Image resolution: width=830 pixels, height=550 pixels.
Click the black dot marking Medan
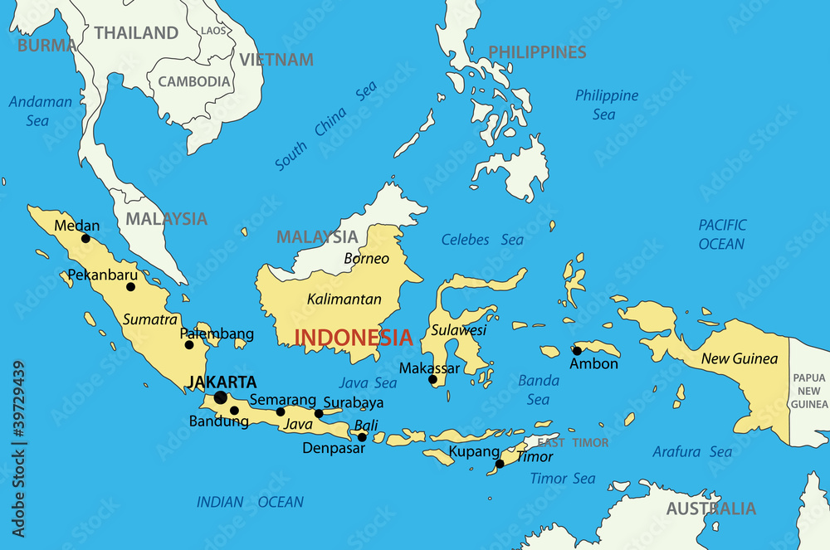click(85, 238)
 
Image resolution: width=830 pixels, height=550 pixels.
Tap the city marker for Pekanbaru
click(130, 287)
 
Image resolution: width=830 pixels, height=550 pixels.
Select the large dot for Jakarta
click(220, 398)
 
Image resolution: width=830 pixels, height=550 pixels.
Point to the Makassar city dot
click(432, 380)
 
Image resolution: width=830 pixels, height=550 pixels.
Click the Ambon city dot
click(577, 350)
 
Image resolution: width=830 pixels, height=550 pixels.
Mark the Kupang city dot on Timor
click(500, 464)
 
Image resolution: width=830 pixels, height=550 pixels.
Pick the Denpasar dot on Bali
click(362, 437)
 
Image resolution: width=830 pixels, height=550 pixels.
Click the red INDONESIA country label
click(354, 338)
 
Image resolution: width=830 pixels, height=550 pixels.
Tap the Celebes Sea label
click(482, 240)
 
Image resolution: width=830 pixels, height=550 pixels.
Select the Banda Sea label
click(538, 390)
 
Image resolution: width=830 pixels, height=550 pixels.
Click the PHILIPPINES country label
click(537, 52)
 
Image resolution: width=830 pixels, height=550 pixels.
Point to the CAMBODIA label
click(194, 81)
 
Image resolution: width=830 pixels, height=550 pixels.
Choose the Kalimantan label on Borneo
click(344, 299)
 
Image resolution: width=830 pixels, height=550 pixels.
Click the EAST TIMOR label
click(573, 443)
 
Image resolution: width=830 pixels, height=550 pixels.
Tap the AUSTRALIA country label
click(711, 509)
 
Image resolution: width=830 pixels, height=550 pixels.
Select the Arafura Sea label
click(692, 452)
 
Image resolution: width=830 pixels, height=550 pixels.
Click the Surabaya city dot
click(319, 413)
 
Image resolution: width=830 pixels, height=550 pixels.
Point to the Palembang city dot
click(189, 345)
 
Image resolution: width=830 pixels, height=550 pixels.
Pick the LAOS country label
click(212, 31)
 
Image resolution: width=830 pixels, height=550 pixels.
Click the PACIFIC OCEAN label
click(721, 234)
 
